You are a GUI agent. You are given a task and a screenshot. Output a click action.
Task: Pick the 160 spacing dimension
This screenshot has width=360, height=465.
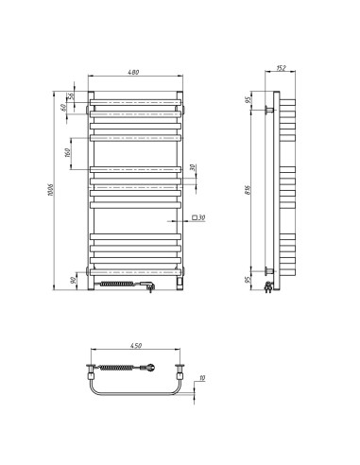[x=69, y=153]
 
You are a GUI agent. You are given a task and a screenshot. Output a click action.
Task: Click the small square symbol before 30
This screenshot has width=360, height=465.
[x=193, y=217]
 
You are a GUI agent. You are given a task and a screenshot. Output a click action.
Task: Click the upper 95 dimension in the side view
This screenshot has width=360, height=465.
[x=249, y=102]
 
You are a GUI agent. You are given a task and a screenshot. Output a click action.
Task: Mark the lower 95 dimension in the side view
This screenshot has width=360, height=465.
[x=249, y=279]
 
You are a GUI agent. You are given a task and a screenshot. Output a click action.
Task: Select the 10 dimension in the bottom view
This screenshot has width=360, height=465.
[x=202, y=380]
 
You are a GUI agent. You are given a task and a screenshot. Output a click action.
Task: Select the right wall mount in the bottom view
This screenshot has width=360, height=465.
[x=182, y=367]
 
